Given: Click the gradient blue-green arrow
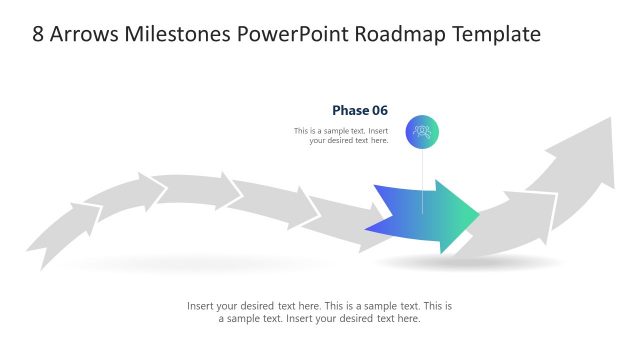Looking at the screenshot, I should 415,216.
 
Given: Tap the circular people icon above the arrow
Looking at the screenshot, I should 422,131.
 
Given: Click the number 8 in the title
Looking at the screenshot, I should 38,34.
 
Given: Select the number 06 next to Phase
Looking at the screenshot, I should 379,110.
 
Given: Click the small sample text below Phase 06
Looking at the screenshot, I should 341,136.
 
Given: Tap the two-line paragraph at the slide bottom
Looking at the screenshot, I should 320,312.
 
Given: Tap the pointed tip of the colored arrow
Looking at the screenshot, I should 477,215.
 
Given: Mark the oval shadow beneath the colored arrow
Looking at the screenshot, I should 470,262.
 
